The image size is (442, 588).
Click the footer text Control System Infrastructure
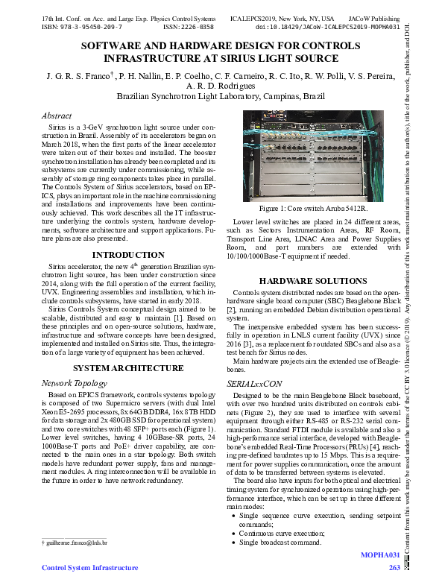pos(90,568)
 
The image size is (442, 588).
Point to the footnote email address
pos(77,543)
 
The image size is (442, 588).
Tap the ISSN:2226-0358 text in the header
pos(188,26)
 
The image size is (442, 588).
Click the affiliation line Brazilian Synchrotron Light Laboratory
pos(221,96)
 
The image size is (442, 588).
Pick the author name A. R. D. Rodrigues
pos(221,86)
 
